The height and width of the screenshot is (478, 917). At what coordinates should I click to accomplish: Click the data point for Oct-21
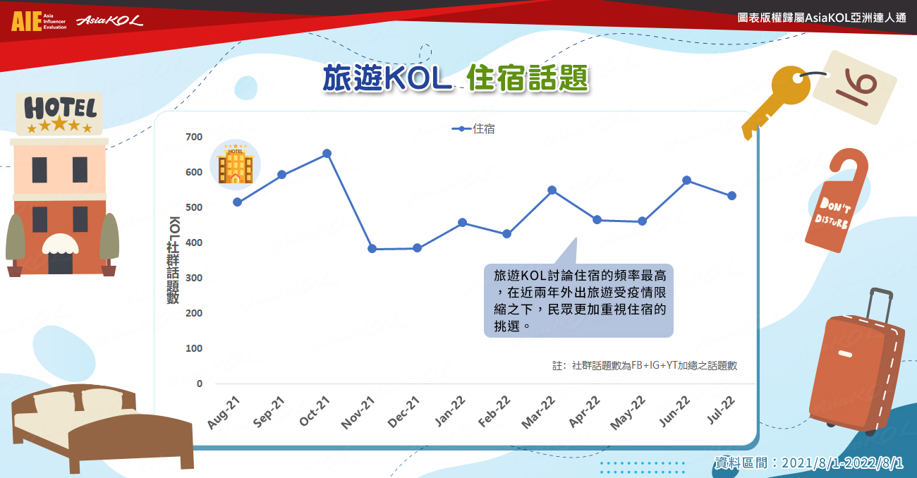click(327, 154)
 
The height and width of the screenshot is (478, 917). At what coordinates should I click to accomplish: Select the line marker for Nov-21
click(372, 248)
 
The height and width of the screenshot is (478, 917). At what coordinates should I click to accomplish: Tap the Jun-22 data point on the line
click(687, 180)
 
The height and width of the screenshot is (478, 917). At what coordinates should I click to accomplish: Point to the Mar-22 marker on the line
click(552, 190)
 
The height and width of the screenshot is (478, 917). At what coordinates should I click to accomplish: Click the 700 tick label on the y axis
click(194, 137)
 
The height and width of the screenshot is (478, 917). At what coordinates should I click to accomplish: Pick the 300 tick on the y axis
click(194, 278)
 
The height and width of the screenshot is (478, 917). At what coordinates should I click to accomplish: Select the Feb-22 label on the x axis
click(494, 411)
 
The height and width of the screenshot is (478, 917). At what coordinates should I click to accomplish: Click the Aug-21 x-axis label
click(224, 412)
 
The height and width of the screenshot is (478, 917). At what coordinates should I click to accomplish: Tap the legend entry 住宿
click(473, 129)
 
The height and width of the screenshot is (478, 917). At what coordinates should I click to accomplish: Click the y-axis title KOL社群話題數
click(174, 260)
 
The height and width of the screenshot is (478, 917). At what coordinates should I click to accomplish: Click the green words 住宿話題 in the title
click(528, 78)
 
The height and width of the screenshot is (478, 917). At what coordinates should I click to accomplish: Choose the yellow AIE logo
click(27, 21)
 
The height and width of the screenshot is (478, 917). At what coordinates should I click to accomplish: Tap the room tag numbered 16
click(855, 87)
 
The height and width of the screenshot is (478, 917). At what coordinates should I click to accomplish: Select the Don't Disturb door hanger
click(836, 200)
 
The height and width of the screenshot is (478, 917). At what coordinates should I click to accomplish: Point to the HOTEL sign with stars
click(59, 114)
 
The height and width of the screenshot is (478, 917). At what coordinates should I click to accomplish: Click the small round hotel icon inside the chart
click(236, 164)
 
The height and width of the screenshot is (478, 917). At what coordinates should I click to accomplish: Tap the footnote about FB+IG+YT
click(645, 365)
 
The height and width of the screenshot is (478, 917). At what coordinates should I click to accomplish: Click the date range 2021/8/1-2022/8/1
click(842, 463)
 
